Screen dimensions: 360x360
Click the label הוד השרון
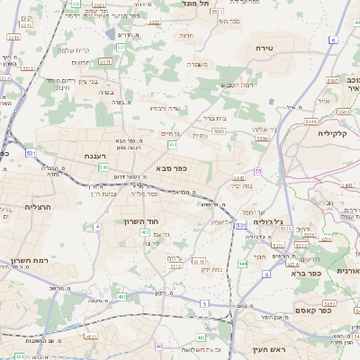point(142,220)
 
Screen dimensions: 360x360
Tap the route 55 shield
point(258,171)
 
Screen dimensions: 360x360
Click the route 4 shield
point(96,227)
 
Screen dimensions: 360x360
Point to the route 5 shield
point(205,304)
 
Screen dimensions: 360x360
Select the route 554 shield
point(172,144)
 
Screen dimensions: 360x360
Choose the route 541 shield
point(103,167)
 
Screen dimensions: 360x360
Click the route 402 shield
point(145,233)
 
